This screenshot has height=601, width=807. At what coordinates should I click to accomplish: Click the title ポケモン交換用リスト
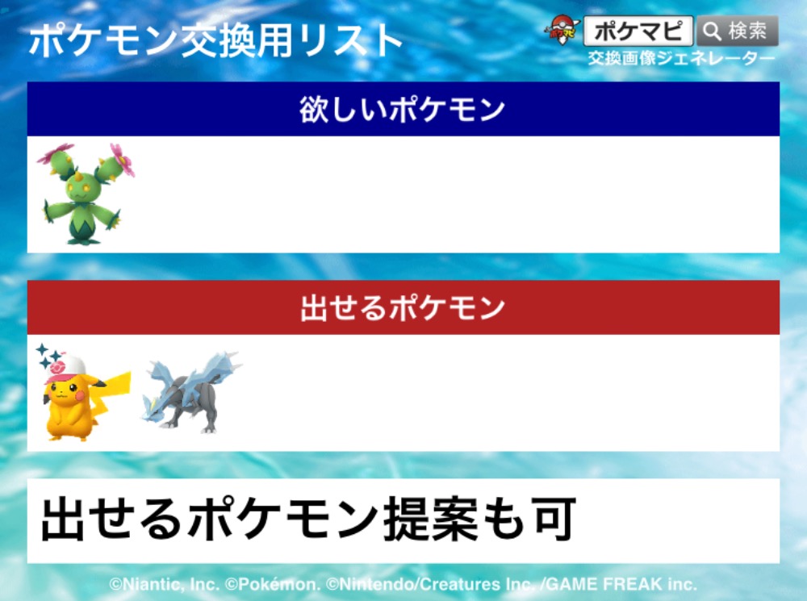(x=215, y=40)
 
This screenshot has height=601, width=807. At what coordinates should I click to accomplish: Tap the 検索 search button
(x=737, y=31)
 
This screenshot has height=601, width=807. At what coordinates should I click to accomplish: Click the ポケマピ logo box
(x=638, y=31)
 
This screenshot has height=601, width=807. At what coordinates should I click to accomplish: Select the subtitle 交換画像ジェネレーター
(x=681, y=58)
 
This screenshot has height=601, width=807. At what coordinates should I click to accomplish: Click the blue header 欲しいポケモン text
(x=403, y=109)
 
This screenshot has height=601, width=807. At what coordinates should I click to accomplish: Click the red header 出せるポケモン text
(x=403, y=307)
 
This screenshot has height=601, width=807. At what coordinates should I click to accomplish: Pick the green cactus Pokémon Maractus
(x=86, y=194)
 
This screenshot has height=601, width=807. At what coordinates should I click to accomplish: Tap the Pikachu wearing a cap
(x=82, y=394)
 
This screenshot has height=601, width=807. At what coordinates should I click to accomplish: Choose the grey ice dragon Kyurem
(x=191, y=392)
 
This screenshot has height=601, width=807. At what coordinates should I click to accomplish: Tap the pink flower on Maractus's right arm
(x=123, y=160)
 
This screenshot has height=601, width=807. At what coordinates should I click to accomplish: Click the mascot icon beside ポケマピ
(x=562, y=29)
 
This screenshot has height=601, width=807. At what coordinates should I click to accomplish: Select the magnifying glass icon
(x=713, y=31)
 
